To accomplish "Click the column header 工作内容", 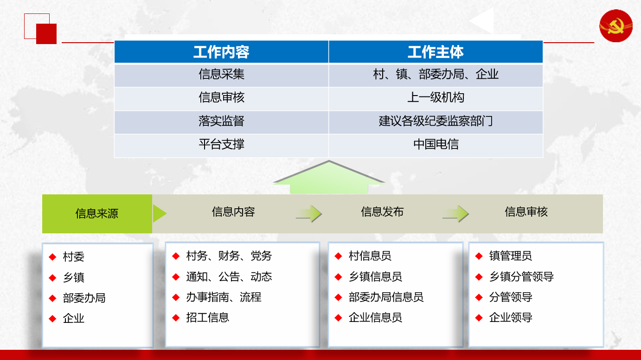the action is [x=221, y=52].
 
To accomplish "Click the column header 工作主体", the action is [x=436, y=52].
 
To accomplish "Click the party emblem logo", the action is [x=616, y=26].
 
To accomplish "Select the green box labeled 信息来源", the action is [x=97, y=214].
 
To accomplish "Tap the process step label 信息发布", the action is [x=382, y=212].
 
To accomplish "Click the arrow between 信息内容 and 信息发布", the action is [x=309, y=213].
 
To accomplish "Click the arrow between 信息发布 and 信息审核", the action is [x=455, y=213].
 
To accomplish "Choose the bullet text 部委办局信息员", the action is [x=386, y=297].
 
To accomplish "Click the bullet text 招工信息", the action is [x=207, y=318].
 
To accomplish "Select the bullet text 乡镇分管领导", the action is [x=521, y=276].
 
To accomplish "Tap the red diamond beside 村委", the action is [x=53, y=257].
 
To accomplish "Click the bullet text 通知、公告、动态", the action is [x=229, y=276].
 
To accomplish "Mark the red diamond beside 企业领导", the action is [x=479, y=318].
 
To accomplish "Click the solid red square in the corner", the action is [x=46, y=34].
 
